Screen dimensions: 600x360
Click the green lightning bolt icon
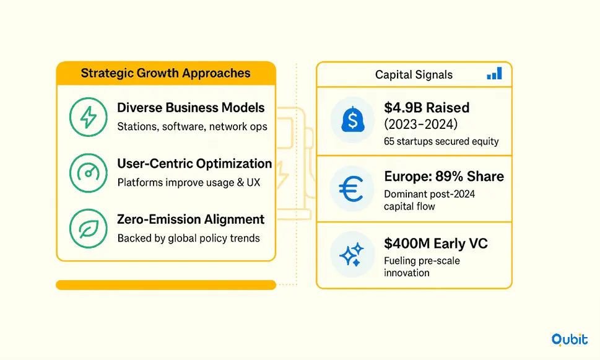89,117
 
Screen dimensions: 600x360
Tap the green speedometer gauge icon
89,173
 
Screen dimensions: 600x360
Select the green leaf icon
89,229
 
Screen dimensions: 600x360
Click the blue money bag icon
352,119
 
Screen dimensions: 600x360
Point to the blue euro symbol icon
351,188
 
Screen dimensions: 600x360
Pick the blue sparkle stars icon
352,254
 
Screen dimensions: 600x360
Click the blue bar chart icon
494,73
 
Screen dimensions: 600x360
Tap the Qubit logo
570,340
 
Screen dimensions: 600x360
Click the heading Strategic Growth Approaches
166,73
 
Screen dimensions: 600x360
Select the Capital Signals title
414,75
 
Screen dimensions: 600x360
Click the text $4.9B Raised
427,108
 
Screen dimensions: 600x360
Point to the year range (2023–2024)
421,124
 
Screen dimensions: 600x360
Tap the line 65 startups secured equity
441,141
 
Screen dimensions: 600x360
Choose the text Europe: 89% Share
444,177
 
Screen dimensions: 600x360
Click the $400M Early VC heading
436,244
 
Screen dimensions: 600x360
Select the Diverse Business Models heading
191,108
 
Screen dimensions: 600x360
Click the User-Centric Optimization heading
194,164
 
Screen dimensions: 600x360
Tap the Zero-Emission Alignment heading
191,219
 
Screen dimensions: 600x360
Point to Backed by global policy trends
189,238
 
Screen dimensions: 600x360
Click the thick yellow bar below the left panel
166,285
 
